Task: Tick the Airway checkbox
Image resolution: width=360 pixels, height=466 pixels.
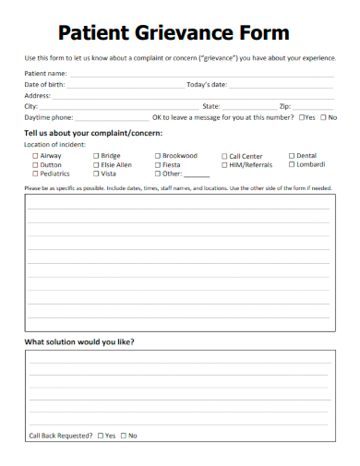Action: click(x=35, y=156)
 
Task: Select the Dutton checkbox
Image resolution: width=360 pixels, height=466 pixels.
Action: click(x=35, y=164)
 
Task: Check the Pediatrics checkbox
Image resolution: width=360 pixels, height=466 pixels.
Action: click(x=35, y=173)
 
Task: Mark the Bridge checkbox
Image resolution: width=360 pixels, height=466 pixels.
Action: click(x=96, y=156)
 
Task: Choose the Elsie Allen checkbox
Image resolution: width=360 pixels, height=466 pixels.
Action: click(x=96, y=164)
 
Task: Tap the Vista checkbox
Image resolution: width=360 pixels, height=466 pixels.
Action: click(x=96, y=173)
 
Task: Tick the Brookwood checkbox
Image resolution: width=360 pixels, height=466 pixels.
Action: click(x=157, y=156)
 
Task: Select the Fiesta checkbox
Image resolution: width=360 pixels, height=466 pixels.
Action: click(x=157, y=164)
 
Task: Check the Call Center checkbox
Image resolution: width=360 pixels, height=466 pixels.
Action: click(x=224, y=156)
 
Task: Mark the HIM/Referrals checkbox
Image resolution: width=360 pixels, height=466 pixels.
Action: click(x=224, y=164)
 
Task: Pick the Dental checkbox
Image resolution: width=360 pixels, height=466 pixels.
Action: click(x=292, y=156)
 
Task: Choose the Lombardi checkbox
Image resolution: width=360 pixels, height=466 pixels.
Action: click(x=292, y=164)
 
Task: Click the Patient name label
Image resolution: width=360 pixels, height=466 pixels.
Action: click(x=45, y=73)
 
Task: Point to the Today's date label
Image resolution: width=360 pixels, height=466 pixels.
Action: click(x=206, y=84)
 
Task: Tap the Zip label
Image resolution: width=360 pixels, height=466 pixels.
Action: click(x=285, y=106)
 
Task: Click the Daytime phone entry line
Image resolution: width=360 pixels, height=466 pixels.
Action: click(x=111, y=118)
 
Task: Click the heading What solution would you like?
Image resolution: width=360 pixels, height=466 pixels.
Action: click(x=78, y=341)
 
